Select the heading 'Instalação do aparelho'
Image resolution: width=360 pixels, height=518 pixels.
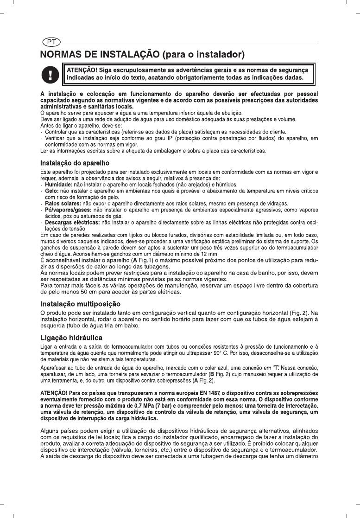pos(75,163)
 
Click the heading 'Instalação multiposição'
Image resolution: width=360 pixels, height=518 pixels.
pos(81,304)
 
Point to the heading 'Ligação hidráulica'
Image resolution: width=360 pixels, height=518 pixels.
pos(71,337)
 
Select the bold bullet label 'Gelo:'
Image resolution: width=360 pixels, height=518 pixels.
pos(52,191)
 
